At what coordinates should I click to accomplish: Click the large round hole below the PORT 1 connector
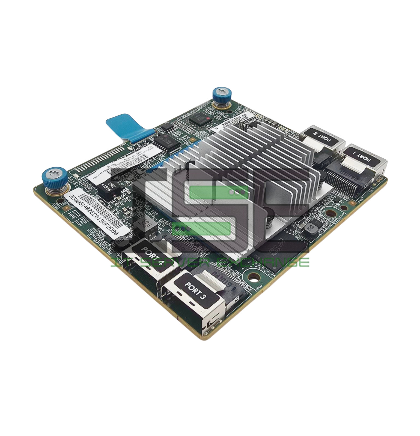point(331,213)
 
